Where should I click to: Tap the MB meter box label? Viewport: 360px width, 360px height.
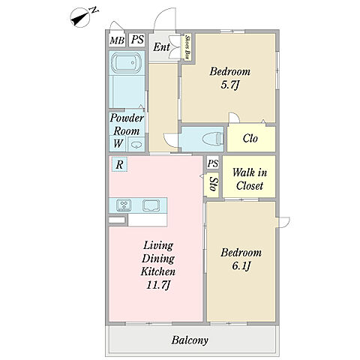click(117, 40)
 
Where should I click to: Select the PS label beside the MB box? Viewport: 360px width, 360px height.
click(137, 40)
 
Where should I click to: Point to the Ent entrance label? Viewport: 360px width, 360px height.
click(161, 46)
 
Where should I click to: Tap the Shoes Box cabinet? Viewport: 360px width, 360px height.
click(187, 47)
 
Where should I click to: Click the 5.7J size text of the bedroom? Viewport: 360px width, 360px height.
click(230, 85)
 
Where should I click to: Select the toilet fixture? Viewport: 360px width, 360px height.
click(212, 139)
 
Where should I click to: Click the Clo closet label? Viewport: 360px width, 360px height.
click(250, 138)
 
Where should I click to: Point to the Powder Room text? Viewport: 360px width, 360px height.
click(127, 124)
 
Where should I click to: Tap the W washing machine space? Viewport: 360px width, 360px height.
click(118, 143)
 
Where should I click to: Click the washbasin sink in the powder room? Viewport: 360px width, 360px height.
click(136, 144)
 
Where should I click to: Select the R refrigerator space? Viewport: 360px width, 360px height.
click(119, 164)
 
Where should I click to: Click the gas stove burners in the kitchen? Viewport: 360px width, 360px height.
click(124, 205)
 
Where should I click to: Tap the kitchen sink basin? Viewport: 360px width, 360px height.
click(151, 205)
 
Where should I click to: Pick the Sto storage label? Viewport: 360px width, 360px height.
click(213, 184)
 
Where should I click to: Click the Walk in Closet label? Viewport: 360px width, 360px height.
click(250, 179)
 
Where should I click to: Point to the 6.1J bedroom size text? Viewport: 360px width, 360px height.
click(241, 266)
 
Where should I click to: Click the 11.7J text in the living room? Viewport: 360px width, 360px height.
click(158, 285)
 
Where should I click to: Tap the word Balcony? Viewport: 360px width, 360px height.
click(190, 340)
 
